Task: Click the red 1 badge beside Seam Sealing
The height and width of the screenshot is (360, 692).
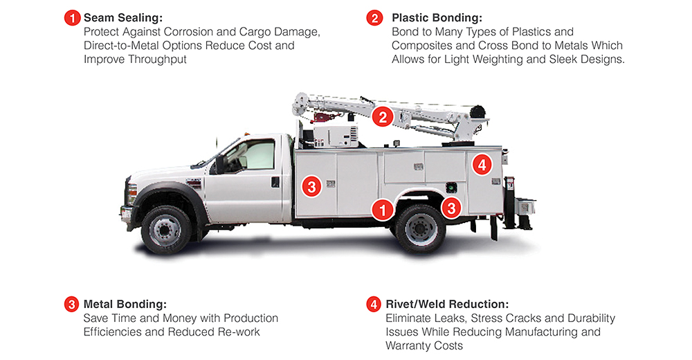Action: (73, 18)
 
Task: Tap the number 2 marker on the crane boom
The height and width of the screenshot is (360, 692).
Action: (383, 116)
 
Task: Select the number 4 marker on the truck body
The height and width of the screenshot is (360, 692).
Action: (482, 165)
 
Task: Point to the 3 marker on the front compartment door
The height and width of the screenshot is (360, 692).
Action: (312, 186)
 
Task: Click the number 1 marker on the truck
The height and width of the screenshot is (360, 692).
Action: (382, 209)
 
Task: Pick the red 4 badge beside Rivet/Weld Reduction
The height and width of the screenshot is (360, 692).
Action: (374, 305)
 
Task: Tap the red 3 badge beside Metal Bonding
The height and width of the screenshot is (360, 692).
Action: (71, 305)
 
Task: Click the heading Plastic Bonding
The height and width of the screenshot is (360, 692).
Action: (437, 18)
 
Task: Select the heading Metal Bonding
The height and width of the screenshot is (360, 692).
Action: (125, 305)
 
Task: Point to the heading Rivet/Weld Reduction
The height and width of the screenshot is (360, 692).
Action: (447, 305)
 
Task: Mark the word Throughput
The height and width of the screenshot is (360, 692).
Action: (157, 60)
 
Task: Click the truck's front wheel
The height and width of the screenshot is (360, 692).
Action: (166, 230)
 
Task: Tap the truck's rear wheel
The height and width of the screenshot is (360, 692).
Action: (420, 228)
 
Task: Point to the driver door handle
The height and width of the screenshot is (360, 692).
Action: (275, 182)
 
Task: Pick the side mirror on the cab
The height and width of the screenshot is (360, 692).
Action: (219, 164)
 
